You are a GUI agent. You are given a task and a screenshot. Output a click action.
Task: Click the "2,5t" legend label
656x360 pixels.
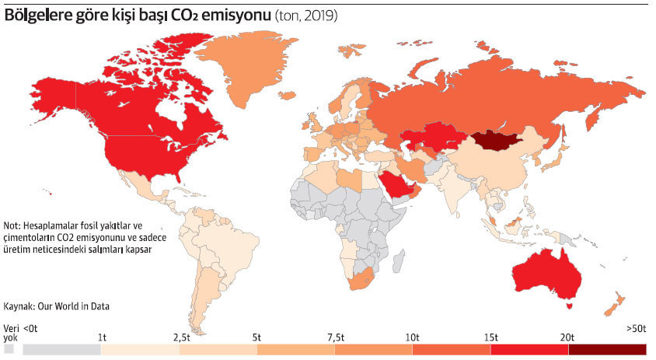tap(180, 337)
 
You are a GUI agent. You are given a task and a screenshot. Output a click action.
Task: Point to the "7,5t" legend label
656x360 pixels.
tap(335, 337)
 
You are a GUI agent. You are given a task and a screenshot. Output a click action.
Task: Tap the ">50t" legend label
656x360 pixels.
tap(635, 329)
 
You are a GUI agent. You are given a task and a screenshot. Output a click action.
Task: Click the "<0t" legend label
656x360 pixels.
tap(31, 329)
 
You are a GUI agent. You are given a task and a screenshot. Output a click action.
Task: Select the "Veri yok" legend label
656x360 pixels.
tap(10, 334)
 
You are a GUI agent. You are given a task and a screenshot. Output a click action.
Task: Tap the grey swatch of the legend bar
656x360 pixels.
tap(62, 350)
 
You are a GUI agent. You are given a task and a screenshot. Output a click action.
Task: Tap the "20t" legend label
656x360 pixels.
tap(567, 337)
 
